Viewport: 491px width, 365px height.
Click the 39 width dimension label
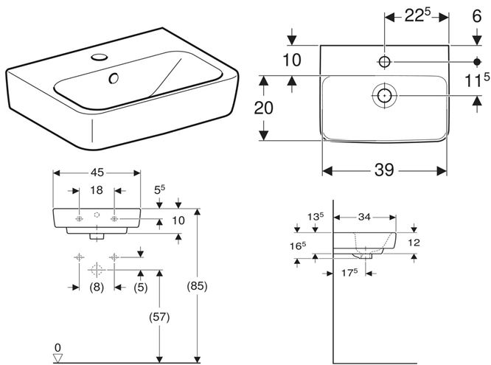(x=384, y=170)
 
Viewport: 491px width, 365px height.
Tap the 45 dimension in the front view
(x=97, y=173)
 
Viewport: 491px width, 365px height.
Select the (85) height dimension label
(x=198, y=286)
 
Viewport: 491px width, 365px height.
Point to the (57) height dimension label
(x=159, y=317)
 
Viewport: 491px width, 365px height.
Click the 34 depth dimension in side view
(x=364, y=217)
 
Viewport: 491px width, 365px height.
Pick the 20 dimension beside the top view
(x=264, y=108)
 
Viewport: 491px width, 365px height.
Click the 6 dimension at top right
(x=476, y=15)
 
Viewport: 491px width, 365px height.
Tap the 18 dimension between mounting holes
(x=97, y=190)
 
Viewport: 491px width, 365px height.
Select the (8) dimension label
(x=97, y=287)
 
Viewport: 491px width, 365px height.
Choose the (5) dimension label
(x=141, y=287)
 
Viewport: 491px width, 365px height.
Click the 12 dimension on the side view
(x=414, y=243)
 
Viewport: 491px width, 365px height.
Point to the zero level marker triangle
(x=58, y=358)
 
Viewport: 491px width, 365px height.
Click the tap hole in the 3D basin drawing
(x=100, y=57)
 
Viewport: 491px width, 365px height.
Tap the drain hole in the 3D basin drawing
(x=114, y=78)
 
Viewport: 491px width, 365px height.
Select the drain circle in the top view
(x=384, y=95)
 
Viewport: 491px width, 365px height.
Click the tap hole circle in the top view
(x=384, y=62)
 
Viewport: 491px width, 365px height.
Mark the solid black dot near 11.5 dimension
(x=477, y=62)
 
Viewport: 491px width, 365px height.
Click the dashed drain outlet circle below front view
(x=97, y=270)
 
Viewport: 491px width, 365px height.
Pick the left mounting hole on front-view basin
(x=79, y=219)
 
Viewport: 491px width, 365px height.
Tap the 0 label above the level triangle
(x=58, y=347)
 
